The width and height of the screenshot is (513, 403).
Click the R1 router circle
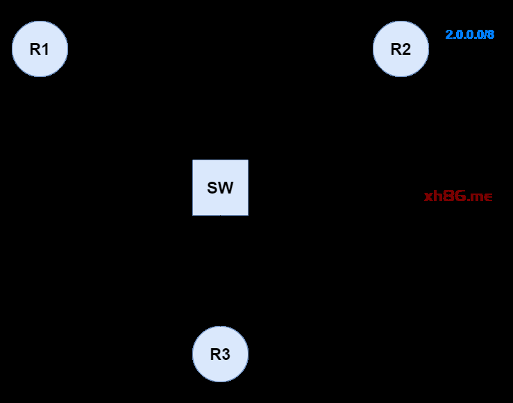[x=40, y=49]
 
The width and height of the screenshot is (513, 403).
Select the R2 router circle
[x=401, y=49]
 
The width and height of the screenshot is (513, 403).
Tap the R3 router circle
[x=220, y=354]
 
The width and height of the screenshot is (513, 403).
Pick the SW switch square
[x=220, y=187]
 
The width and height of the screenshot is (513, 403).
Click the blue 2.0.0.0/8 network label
[x=469, y=34]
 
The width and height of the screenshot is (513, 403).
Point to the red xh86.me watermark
[x=458, y=196]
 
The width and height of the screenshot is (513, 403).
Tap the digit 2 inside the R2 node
[x=407, y=49]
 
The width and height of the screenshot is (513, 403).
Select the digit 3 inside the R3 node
[x=226, y=354]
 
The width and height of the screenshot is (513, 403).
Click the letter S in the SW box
[x=212, y=188]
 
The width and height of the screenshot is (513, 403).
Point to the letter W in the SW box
[x=226, y=188]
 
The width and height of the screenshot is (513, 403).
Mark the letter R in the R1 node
[x=35, y=49]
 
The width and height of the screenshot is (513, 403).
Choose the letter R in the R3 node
[x=215, y=354]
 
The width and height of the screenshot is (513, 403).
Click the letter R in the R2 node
[x=396, y=49]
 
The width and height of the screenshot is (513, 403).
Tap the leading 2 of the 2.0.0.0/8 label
[x=448, y=34]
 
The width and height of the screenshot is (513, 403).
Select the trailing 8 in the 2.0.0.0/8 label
[x=491, y=34]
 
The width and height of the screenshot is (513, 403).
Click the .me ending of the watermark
[x=480, y=196]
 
